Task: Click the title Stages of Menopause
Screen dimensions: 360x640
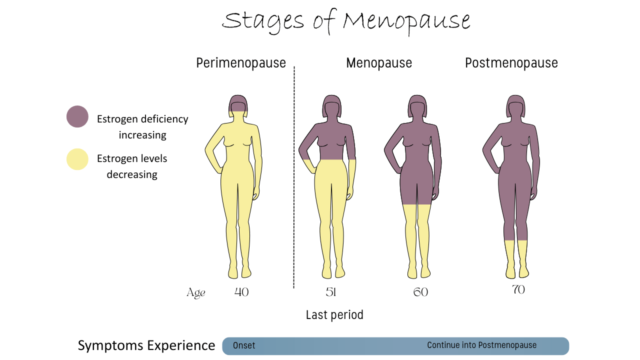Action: pos(346,21)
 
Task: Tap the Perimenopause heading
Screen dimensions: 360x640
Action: pos(240,63)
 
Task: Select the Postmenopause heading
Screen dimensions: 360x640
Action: pos(511,63)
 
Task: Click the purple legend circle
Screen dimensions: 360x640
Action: pos(77,116)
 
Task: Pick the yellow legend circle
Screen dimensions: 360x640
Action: pos(77,159)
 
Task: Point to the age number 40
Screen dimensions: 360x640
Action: pos(241,292)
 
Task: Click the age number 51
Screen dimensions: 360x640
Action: pos(330,292)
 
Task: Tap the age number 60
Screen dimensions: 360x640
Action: pos(420,292)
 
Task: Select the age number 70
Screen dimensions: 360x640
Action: pos(518,289)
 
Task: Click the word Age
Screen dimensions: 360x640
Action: pos(196,293)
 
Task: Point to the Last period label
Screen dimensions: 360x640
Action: pos(334,314)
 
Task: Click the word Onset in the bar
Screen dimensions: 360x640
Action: pos(244,345)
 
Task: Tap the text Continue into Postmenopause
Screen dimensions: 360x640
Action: pos(481,345)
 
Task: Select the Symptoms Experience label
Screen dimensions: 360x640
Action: pos(146,345)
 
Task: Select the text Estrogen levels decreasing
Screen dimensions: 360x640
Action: pos(132,166)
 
